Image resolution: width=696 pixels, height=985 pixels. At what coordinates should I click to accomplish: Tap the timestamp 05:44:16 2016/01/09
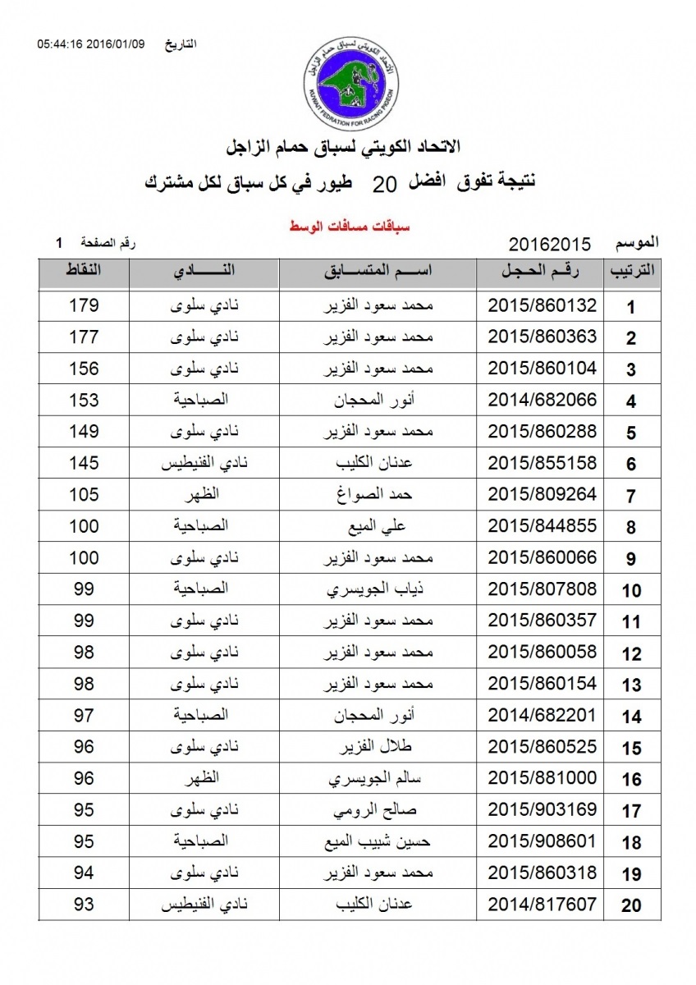[90, 44]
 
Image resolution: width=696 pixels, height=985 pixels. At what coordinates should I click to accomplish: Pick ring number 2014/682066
[542, 401]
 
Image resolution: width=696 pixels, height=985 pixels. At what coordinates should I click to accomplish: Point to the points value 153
[84, 401]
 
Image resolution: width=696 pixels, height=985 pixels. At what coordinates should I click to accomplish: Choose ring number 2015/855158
[542, 464]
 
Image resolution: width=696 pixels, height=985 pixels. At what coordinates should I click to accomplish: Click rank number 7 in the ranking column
[631, 497]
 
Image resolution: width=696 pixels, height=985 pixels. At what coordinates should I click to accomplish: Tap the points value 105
[84, 495]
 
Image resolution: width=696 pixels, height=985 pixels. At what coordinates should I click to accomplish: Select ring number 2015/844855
[542, 526]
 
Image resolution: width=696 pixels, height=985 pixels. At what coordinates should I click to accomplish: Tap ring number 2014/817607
[542, 905]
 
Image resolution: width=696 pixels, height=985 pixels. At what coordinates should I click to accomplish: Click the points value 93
[84, 905]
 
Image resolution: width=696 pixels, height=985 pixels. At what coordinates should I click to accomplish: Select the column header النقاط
[84, 272]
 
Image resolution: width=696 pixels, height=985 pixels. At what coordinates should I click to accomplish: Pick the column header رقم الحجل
[542, 272]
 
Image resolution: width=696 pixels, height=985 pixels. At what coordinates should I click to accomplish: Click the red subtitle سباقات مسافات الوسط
[339, 225]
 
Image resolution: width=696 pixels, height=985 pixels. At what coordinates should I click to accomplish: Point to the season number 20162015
[550, 244]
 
